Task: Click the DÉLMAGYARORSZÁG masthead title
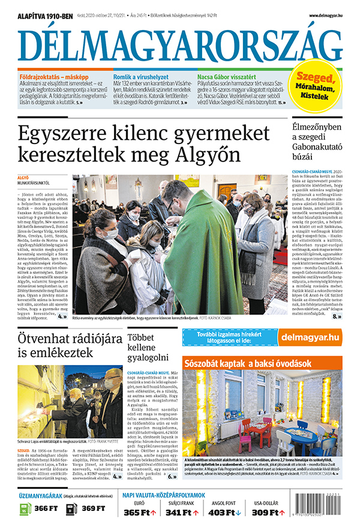click(x=180, y=45)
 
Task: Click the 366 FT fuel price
click(x=45, y=508)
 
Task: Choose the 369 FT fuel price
click(x=94, y=508)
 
